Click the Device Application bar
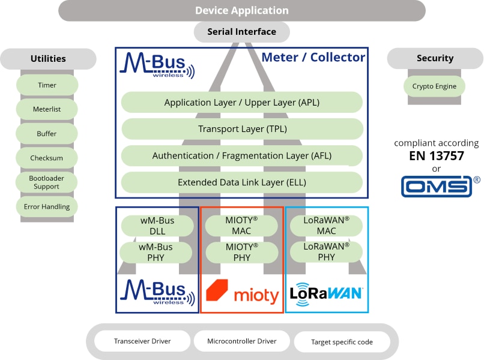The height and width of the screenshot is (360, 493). point(241,11)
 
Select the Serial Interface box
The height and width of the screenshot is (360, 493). point(241,32)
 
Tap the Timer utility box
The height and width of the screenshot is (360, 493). point(47,85)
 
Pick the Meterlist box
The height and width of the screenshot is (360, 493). point(47,109)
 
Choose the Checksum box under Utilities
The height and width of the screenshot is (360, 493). point(47,158)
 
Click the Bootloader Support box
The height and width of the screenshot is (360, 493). point(47,182)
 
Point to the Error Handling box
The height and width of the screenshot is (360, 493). point(47,207)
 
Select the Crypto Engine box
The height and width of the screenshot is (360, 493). point(434,86)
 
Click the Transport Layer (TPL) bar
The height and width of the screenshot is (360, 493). point(242,129)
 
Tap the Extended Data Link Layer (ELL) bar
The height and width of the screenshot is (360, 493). point(242,182)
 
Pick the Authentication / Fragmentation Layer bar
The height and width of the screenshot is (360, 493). point(242,155)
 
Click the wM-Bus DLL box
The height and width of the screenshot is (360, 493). point(157,226)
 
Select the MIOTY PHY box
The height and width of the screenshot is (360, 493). point(241,252)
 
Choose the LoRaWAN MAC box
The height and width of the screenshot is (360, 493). point(326,226)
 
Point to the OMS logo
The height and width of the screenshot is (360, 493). point(437,186)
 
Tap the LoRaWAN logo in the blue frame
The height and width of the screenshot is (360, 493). point(326,293)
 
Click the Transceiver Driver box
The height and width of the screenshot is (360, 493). point(142,341)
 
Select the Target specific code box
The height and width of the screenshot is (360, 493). point(342,342)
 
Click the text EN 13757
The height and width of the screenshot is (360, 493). point(436,156)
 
